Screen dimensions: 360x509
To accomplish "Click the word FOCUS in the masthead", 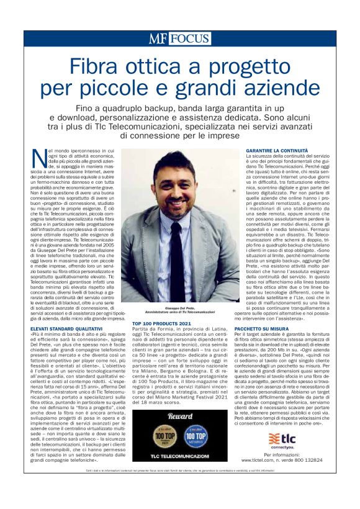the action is click(x=189, y=38).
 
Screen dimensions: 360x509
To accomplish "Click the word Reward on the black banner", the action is click(x=181, y=416).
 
